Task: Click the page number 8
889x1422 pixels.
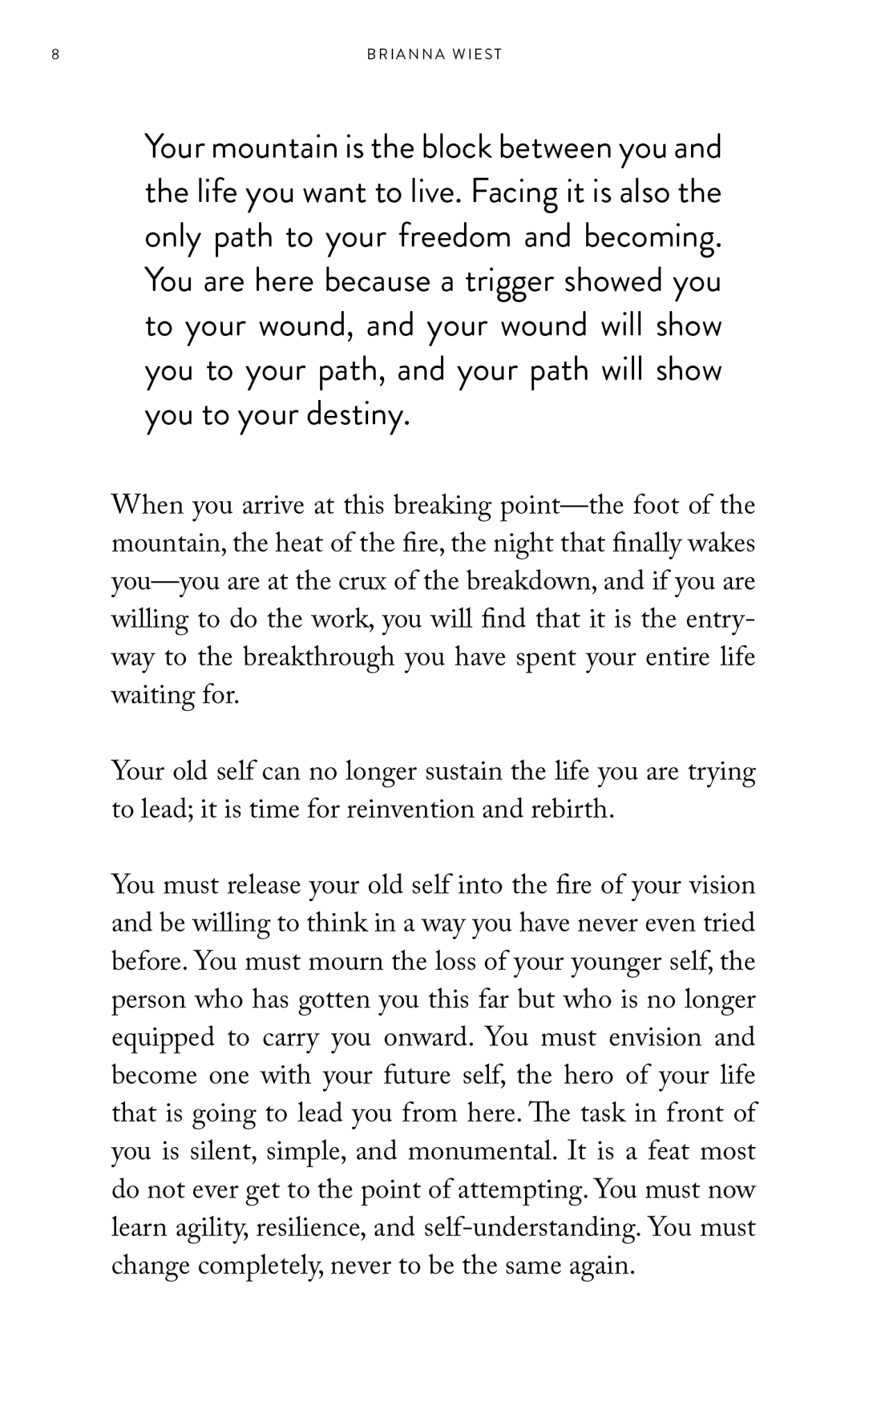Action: pos(56,55)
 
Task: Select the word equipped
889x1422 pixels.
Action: pos(163,1038)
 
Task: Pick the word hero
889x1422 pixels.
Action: pos(590,1076)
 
